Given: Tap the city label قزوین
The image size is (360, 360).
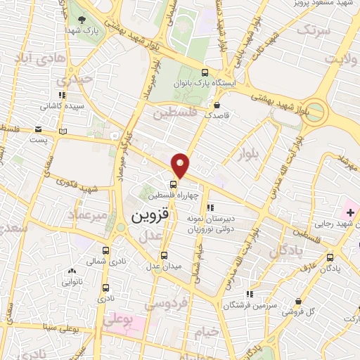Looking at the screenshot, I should [150, 215].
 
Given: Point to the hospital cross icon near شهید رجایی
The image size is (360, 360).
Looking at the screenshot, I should [350, 212].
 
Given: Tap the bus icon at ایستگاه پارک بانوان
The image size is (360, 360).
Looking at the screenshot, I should [205, 72].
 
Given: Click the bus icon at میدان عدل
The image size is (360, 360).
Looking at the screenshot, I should [165, 255].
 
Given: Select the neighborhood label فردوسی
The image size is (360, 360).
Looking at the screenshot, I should [165, 304].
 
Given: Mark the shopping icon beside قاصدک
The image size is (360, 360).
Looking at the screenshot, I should [215, 104].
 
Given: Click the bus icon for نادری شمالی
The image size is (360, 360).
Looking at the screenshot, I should [106, 250].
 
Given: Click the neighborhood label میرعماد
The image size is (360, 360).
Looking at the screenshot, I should [91, 215].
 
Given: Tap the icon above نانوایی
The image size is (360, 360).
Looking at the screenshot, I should [71, 271].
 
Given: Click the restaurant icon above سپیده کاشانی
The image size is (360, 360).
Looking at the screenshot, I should [62, 94].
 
